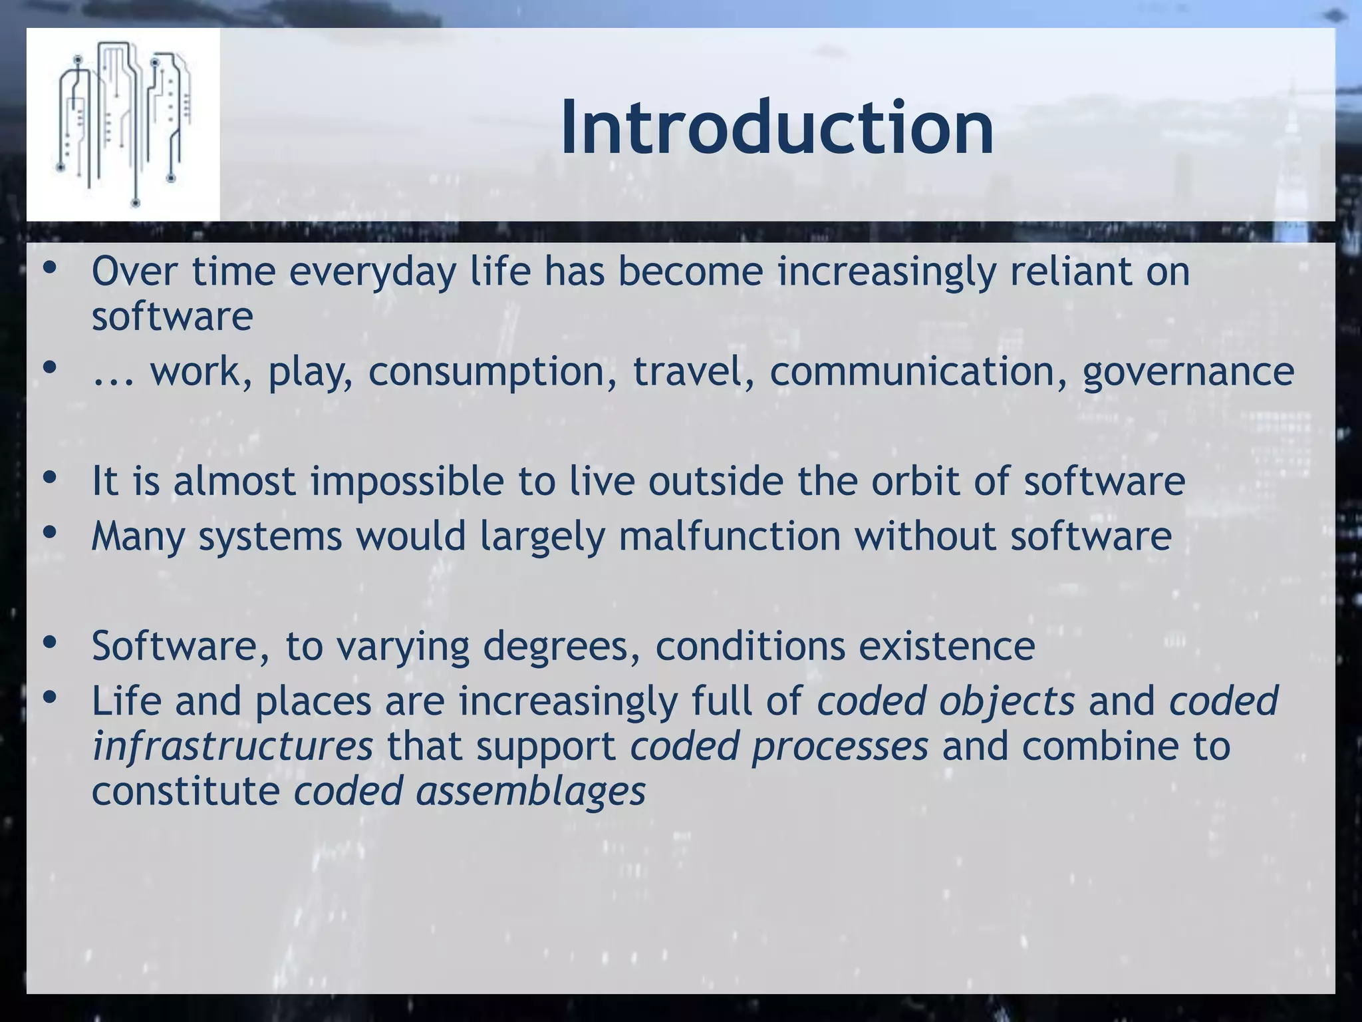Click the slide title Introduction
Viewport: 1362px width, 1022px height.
[777, 128]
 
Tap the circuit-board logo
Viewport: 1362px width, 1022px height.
[124, 124]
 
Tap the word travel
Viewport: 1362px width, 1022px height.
[688, 371]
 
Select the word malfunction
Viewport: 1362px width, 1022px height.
[729, 536]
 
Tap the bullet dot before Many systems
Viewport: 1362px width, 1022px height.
[49, 532]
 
